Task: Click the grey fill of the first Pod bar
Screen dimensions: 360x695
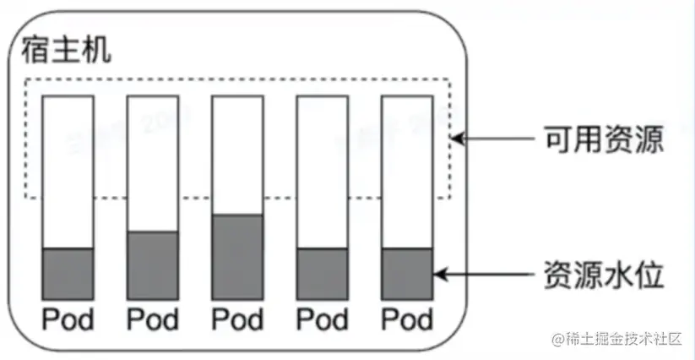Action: pos(68,274)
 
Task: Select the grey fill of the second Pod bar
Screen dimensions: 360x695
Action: pos(153,265)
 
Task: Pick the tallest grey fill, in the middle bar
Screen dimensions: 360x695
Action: pos(237,257)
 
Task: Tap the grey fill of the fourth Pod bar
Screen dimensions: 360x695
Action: pos(322,274)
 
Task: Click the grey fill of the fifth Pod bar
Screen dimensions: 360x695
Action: pos(407,274)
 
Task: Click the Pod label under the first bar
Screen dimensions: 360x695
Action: pos(68,319)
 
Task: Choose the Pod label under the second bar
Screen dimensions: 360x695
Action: pos(153,319)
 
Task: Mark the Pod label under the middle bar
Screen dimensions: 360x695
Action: pos(237,319)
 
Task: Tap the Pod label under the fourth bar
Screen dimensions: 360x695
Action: pos(322,319)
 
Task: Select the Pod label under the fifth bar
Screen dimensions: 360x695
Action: pos(407,319)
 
